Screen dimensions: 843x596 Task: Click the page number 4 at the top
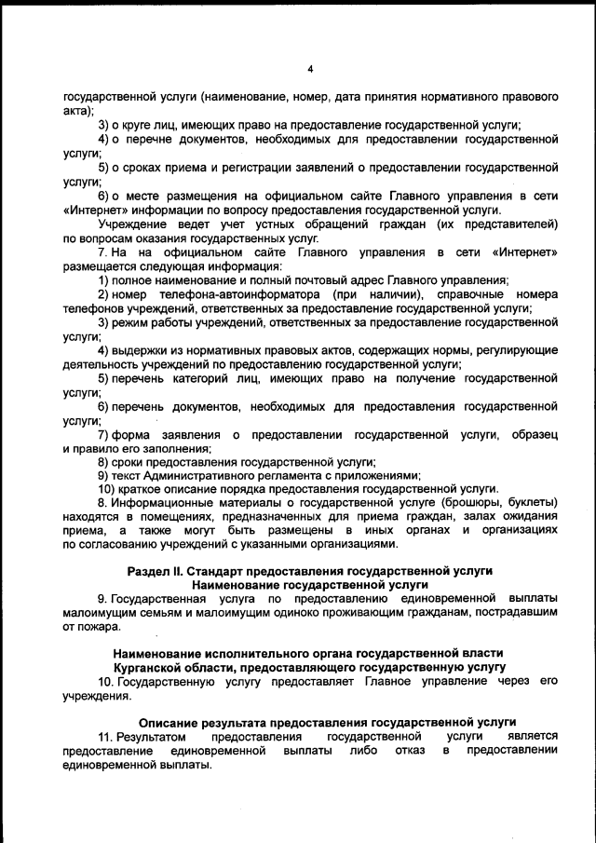tap(310, 68)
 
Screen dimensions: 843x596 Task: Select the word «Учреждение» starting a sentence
tap(130, 224)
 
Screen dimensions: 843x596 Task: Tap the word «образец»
tap(535, 434)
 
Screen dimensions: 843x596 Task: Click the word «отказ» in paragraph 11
tap(408, 750)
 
